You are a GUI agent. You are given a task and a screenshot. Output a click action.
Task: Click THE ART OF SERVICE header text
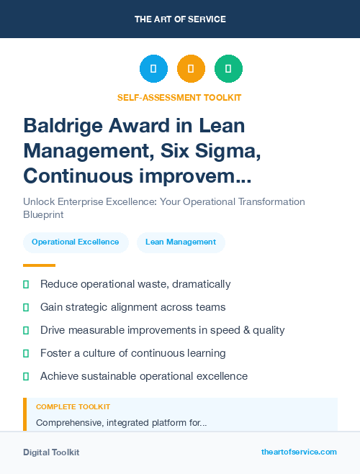point(180,19)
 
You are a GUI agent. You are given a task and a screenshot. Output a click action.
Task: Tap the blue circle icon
point(153,69)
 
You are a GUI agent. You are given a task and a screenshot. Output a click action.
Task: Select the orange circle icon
point(191,69)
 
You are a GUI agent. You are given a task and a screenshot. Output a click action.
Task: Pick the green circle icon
point(228,69)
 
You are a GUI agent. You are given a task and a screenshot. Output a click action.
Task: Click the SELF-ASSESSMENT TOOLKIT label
point(179,97)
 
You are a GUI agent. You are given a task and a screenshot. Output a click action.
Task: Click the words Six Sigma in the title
point(208,151)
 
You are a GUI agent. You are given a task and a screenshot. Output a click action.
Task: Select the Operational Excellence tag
point(76,242)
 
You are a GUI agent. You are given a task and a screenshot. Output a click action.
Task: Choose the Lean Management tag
point(181,242)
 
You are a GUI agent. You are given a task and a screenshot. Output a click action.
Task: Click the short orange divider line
point(39,265)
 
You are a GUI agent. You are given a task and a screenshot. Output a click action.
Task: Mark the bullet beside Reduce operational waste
point(26,285)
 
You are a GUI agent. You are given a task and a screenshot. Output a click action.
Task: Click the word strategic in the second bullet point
point(91,307)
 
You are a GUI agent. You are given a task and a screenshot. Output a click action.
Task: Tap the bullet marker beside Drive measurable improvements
point(26,331)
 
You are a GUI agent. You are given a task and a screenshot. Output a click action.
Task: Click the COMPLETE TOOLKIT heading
point(73,407)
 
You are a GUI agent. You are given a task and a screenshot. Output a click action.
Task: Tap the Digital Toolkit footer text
point(51,452)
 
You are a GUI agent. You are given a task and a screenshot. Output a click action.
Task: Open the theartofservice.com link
point(299,452)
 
